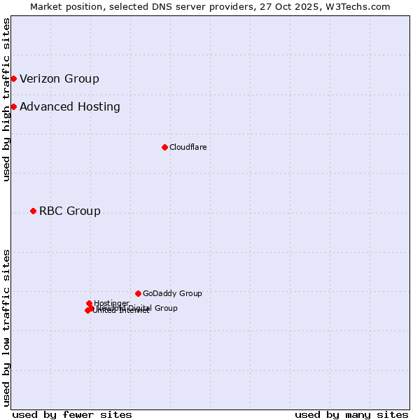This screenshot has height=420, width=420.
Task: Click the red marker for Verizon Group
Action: tap(13, 78)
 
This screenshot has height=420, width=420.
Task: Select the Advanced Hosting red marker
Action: tap(13, 106)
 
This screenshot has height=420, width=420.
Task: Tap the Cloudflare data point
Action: tap(164, 147)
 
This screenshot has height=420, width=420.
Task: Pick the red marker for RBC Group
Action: tap(33, 211)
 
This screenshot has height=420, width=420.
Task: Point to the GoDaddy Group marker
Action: tap(138, 293)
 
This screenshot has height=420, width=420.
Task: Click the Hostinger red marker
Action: tap(89, 303)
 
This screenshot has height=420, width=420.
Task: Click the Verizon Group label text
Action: tap(59, 78)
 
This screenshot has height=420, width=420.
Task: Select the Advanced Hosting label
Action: tap(70, 106)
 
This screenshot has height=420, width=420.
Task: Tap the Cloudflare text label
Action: tap(188, 147)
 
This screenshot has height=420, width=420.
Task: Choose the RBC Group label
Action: tap(70, 211)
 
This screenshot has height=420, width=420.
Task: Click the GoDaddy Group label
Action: tap(172, 293)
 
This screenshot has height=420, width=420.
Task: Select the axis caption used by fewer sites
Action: tap(72, 414)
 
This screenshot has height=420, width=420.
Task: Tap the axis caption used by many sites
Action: tap(351, 414)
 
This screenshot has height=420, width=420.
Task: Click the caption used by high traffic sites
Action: tap(6, 99)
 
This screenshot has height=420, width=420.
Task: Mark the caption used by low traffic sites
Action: tap(6, 328)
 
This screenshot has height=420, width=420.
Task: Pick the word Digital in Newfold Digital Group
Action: tap(139, 308)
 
